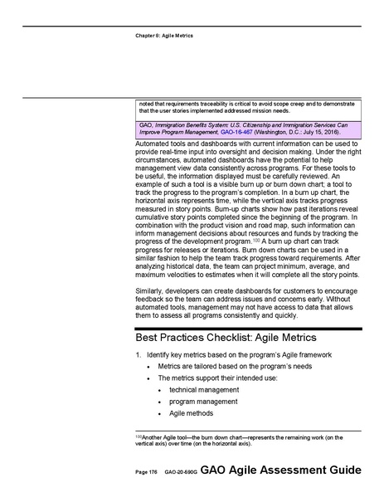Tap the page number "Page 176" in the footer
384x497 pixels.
pyautogui.click(x=147, y=470)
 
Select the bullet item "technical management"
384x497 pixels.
pyautogui.click(x=203, y=389)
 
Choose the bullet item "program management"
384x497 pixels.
pyautogui.click(x=202, y=401)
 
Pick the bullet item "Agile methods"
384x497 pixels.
pyautogui.click(x=190, y=412)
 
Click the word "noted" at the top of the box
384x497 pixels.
pyautogui.click(x=148, y=102)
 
